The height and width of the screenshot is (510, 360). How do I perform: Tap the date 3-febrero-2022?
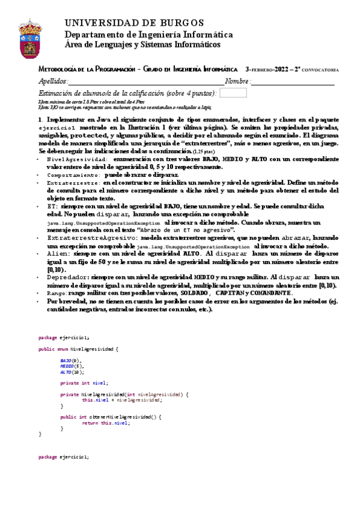267,70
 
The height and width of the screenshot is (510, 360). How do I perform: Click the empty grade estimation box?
233,93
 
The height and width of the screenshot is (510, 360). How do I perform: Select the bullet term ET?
52,204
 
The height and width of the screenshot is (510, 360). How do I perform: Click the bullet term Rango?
57,293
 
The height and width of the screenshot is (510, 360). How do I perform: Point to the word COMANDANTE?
270,293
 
